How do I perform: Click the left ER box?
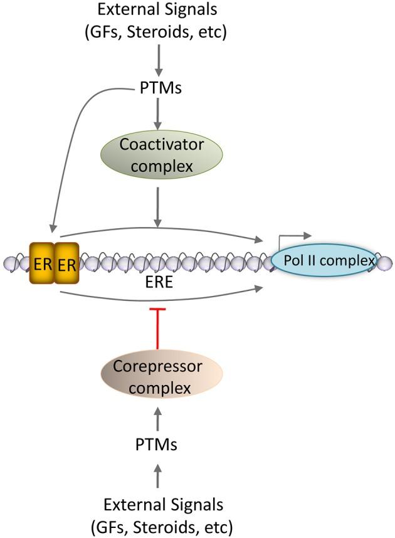(x=41, y=263)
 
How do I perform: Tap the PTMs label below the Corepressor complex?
(x=158, y=445)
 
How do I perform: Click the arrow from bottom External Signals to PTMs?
(x=158, y=477)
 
